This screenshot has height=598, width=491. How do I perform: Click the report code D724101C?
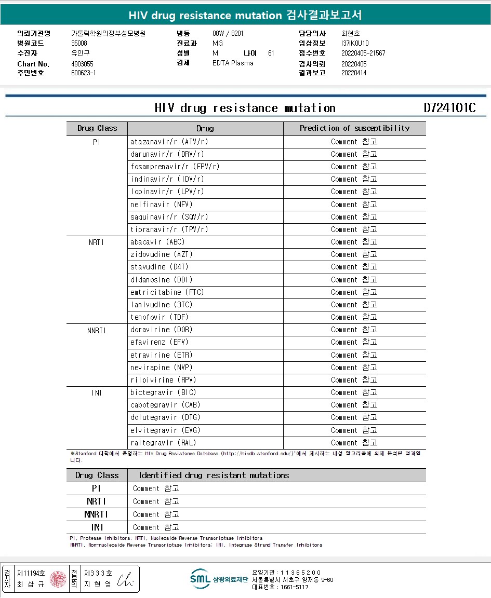(x=449, y=108)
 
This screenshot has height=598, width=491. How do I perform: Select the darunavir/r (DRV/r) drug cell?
(x=167, y=154)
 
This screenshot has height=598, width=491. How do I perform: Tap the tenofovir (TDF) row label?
(x=160, y=317)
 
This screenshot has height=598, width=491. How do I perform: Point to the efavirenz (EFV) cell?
(x=160, y=342)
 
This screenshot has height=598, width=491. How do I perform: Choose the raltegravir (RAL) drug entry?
(x=163, y=443)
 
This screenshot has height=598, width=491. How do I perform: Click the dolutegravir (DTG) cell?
(x=165, y=417)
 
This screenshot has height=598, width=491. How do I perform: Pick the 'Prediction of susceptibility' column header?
(x=354, y=128)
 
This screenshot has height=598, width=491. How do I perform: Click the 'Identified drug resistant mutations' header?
(x=214, y=475)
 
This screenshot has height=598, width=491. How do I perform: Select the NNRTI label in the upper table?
(x=97, y=330)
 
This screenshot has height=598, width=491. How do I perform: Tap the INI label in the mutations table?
(x=97, y=527)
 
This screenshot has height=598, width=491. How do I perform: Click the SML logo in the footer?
(x=200, y=579)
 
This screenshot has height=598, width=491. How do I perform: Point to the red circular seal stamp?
(x=58, y=579)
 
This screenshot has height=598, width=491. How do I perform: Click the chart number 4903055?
(x=82, y=64)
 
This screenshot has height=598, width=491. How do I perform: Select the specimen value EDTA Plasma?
(x=233, y=63)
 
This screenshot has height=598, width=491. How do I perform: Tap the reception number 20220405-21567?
(x=363, y=53)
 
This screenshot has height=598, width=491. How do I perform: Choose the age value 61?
(x=271, y=53)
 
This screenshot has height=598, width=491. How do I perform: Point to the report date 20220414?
(x=354, y=73)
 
